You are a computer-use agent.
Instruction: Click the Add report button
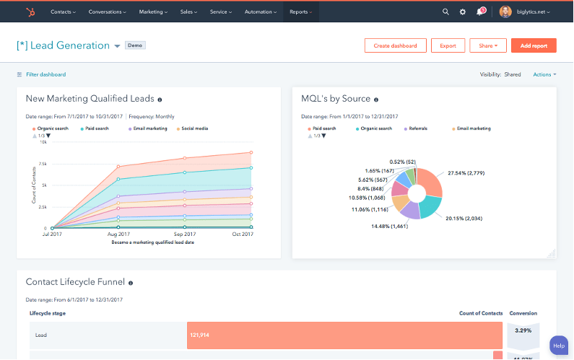534,45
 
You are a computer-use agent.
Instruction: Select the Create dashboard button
395,45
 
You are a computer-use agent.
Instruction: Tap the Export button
448,45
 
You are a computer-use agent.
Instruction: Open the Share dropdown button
487,45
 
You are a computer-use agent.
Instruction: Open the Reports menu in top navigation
300,12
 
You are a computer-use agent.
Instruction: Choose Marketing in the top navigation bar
153,12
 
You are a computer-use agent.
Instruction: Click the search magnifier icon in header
445,12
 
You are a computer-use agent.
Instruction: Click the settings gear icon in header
463,12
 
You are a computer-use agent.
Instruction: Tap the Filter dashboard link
45,74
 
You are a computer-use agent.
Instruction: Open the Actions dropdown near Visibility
544,74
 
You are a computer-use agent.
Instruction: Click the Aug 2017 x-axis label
118,234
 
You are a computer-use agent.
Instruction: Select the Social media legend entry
194,128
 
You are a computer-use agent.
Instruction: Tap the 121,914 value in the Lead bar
200,335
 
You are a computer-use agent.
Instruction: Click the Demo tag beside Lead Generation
135,45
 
